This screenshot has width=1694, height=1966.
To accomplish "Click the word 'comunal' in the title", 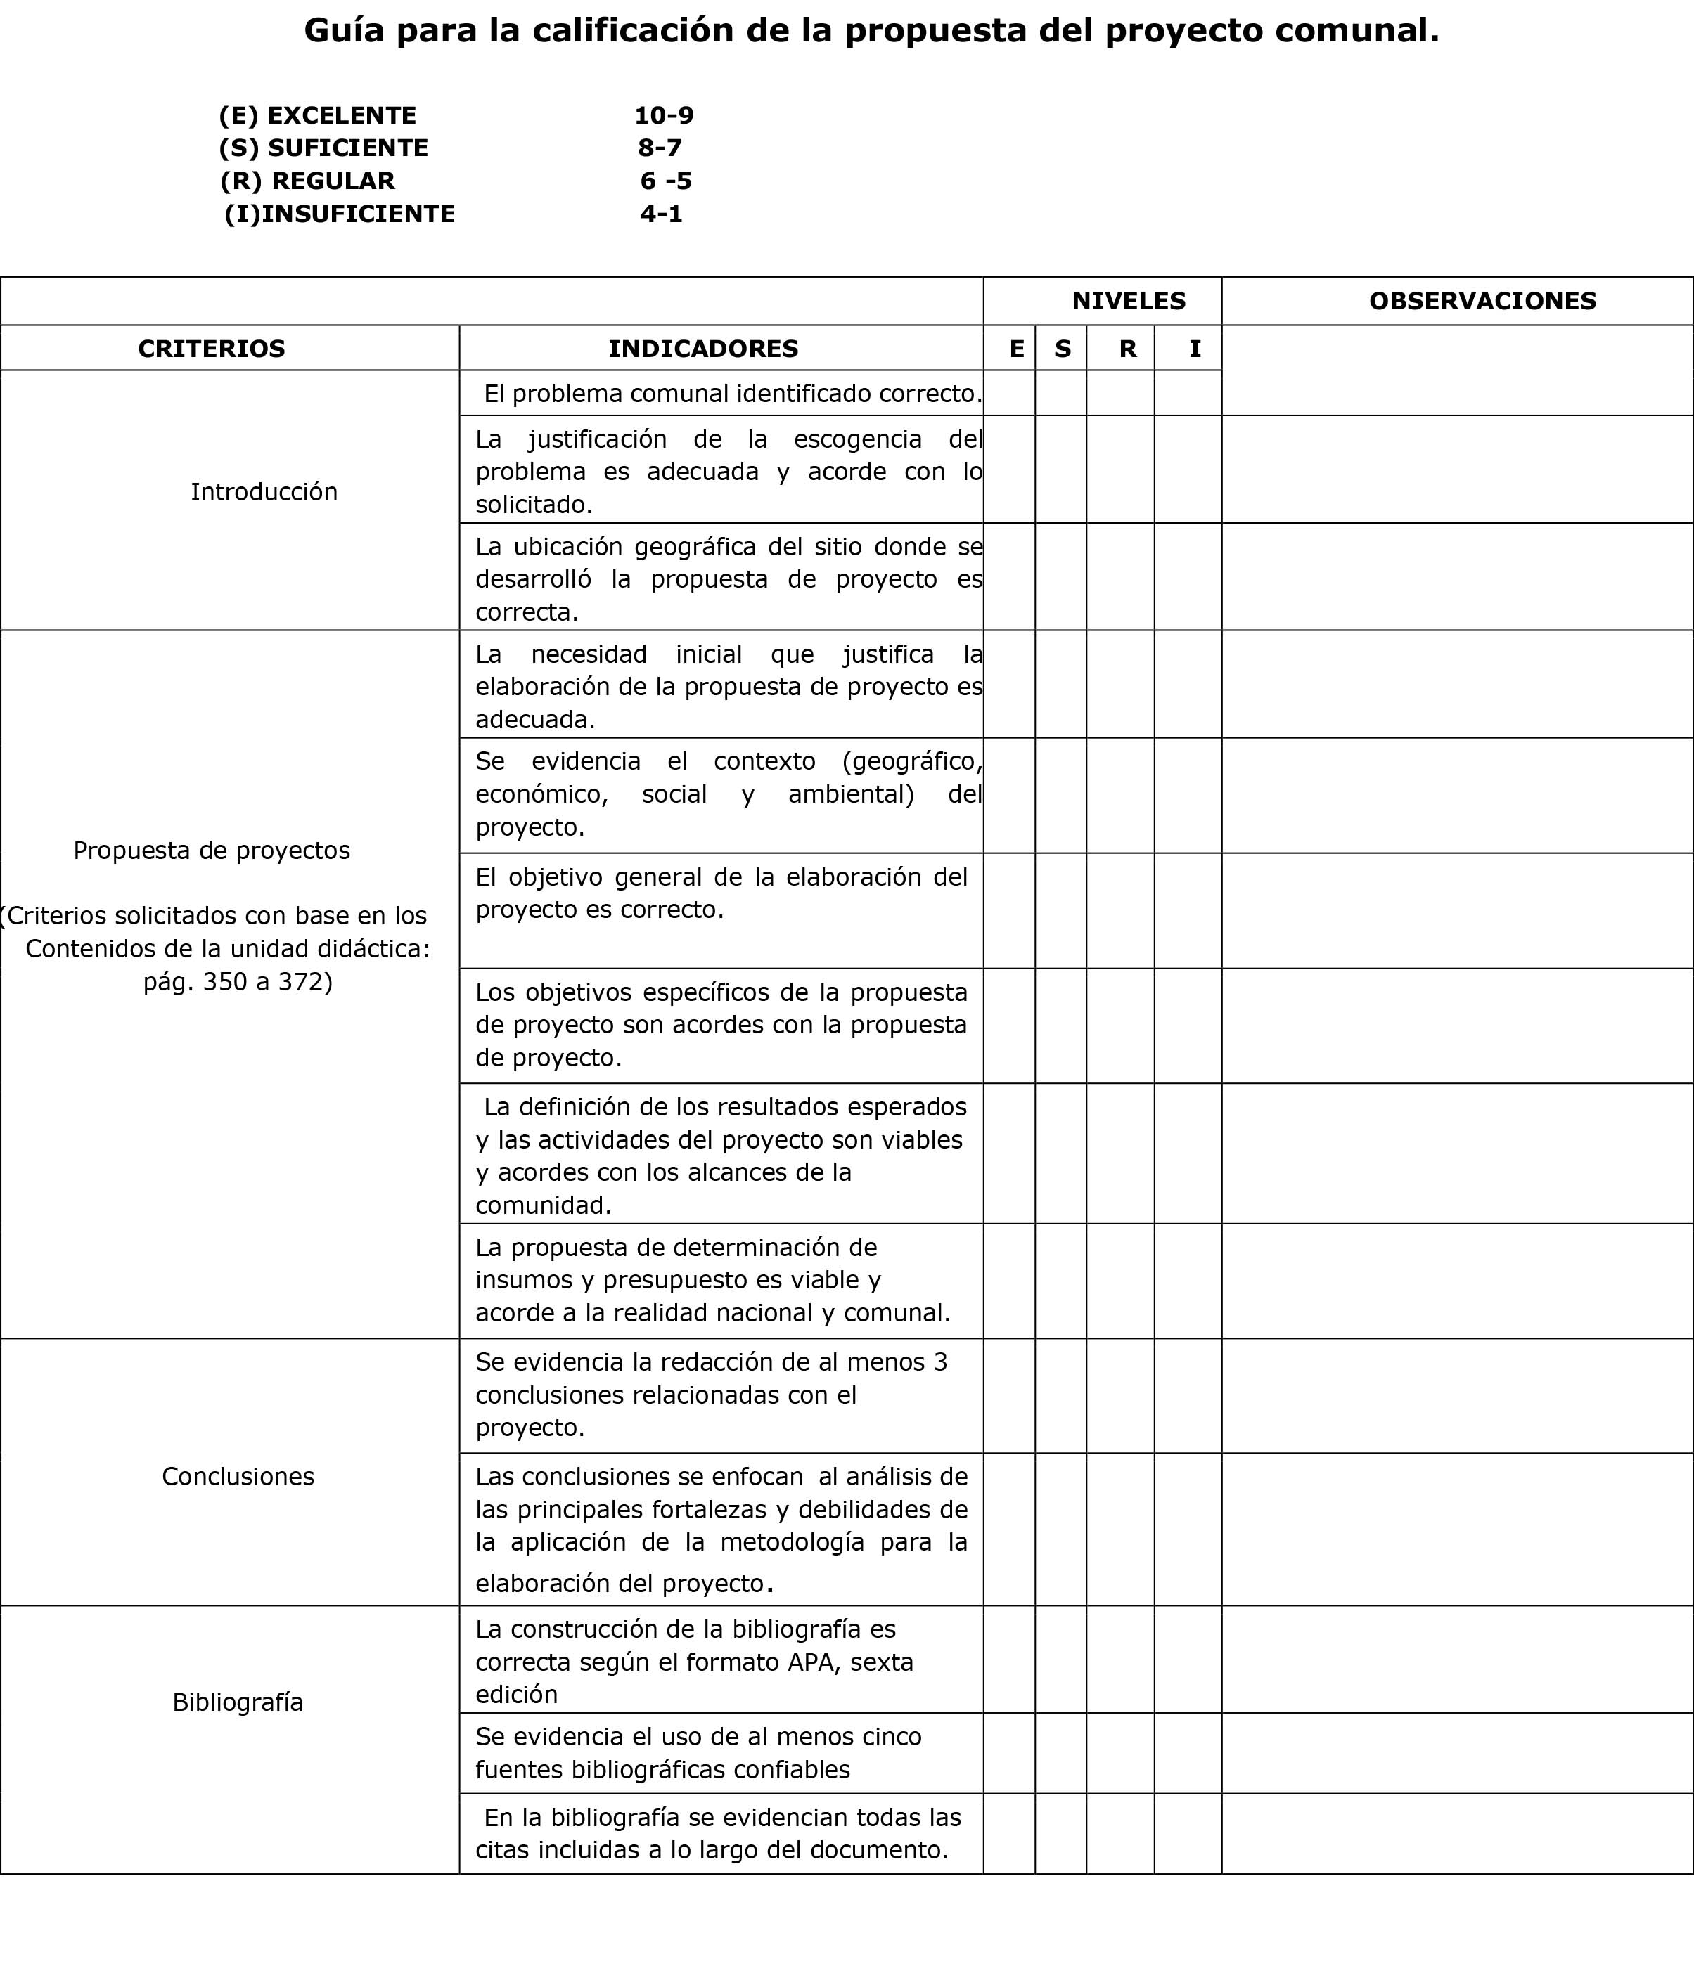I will pyautogui.click(x=1355, y=32).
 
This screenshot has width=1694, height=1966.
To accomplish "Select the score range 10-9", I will pyautogui.click(x=663, y=116).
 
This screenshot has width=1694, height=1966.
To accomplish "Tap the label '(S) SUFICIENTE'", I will pyautogui.click(x=323, y=148).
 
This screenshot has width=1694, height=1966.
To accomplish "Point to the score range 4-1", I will pyautogui.click(x=662, y=214).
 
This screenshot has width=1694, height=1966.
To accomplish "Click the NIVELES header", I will pyautogui.click(x=1129, y=302).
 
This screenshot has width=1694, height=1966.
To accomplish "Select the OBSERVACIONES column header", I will pyautogui.click(x=1482, y=302).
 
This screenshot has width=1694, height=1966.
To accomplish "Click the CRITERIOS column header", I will pyautogui.click(x=212, y=349).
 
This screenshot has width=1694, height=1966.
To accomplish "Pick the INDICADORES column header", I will pyautogui.click(x=703, y=349).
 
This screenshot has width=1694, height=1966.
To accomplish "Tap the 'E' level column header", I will pyautogui.click(x=1016, y=349).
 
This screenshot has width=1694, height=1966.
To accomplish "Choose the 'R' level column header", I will pyautogui.click(x=1127, y=349).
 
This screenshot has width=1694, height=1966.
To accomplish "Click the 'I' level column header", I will pyautogui.click(x=1195, y=349).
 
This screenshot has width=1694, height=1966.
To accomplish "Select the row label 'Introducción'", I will pyautogui.click(x=264, y=491).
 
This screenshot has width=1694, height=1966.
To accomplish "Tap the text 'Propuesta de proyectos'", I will pyautogui.click(x=212, y=851).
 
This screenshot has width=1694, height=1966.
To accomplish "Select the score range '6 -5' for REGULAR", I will pyautogui.click(x=665, y=181).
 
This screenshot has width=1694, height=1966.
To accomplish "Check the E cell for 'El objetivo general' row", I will pyautogui.click(x=1009, y=911).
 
